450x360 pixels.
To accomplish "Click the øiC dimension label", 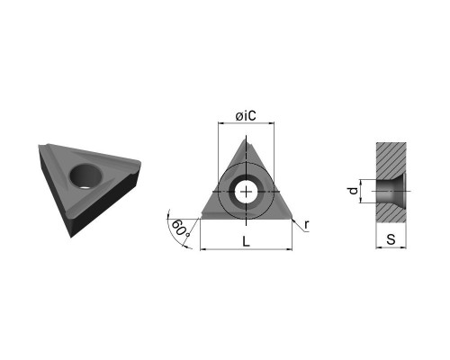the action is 246,116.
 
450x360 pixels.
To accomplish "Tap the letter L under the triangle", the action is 246,241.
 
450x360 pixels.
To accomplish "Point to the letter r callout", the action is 306,224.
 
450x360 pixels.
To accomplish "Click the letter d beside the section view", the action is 354,191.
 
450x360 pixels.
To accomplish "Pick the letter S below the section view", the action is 391,239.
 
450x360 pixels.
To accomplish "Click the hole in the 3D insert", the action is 85,176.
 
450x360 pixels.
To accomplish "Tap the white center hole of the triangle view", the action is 246,192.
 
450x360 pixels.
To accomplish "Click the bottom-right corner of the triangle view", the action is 292,218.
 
